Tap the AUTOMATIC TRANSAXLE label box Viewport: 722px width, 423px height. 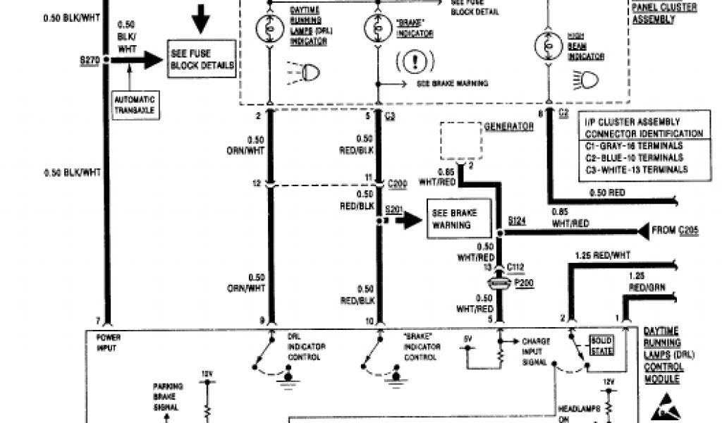coord(136,104)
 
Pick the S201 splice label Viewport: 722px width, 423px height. coord(393,210)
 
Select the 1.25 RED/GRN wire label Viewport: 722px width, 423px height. coord(646,281)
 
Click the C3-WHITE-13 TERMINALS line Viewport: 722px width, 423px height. coord(636,169)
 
